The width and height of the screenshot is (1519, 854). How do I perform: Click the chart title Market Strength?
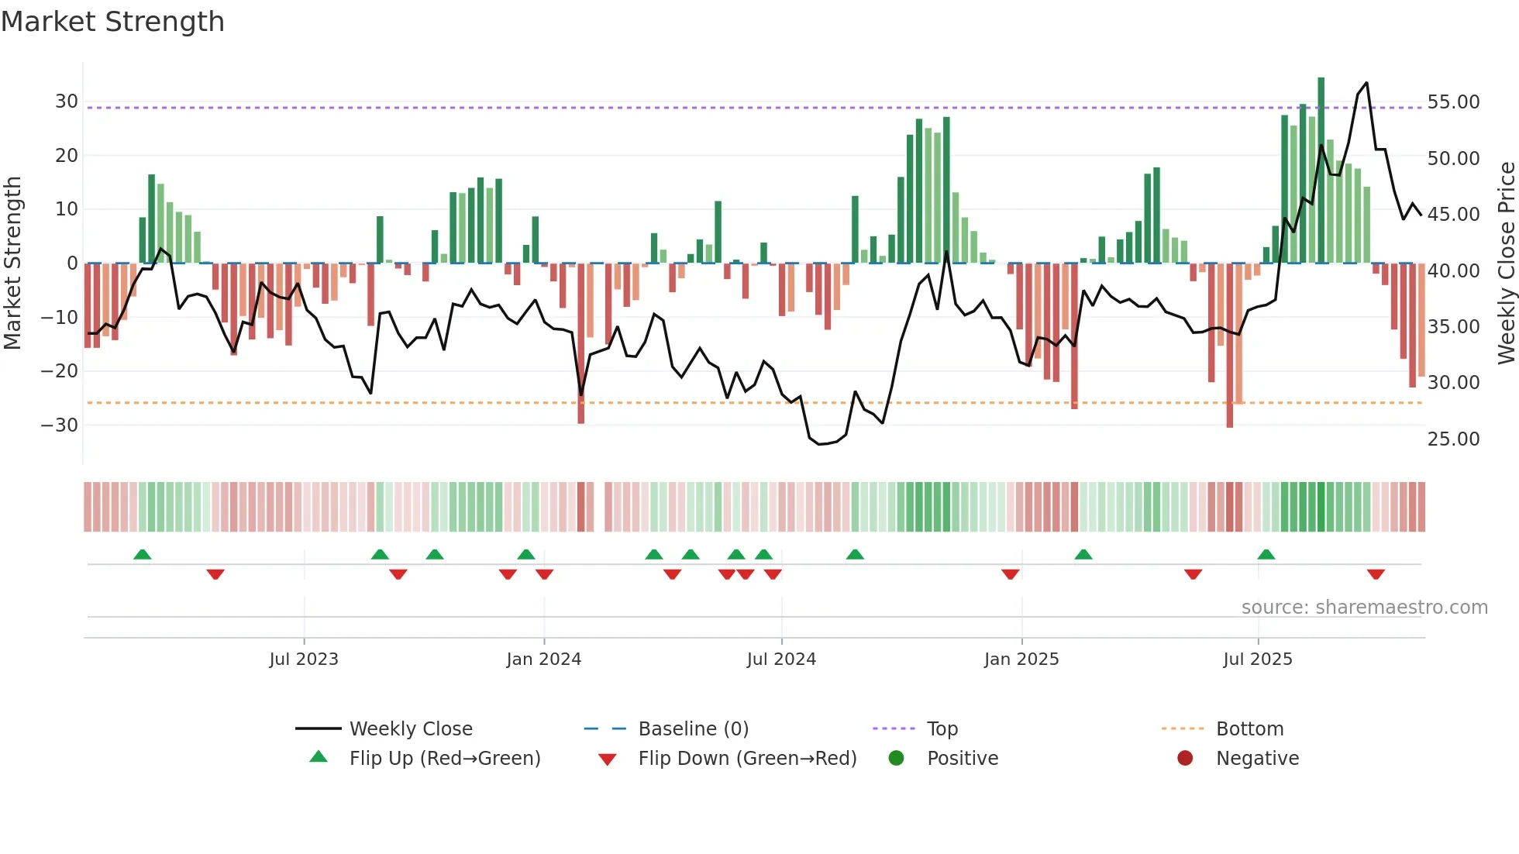tap(112, 22)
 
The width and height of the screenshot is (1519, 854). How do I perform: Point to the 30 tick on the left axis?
tap(67, 102)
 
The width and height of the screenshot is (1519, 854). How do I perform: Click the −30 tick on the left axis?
tap(60, 425)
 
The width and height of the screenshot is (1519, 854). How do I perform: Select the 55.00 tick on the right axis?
tap(1453, 102)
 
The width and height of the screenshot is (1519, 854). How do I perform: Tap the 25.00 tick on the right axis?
tap(1453, 439)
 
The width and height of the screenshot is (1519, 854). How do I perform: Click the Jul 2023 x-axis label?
tap(304, 659)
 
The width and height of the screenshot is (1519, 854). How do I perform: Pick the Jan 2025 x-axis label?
tap(1021, 659)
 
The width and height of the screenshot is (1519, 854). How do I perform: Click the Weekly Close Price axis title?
tap(1506, 263)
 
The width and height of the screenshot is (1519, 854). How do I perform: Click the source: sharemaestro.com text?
tap(1364, 608)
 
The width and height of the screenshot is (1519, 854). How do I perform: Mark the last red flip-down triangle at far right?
tap(1376, 574)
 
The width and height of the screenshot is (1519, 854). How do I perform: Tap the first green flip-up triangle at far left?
tap(143, 554)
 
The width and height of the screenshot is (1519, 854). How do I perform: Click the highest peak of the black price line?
tap(1366, 83)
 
